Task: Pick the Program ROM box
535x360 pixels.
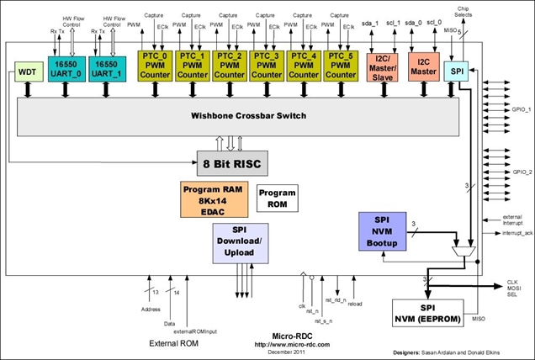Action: pyautogui.click(x=277, y=199)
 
